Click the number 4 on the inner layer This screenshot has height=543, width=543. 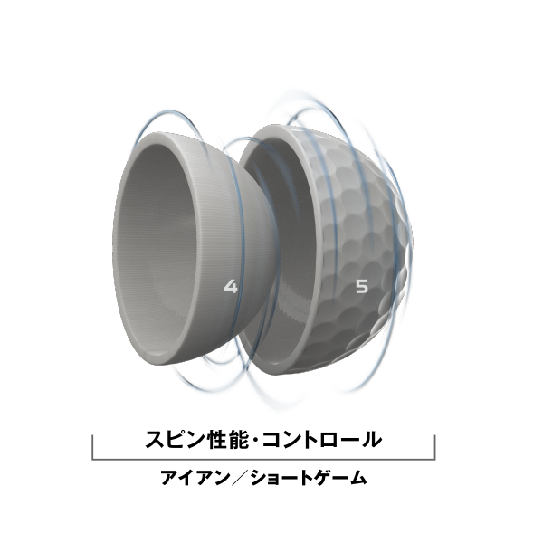click(x=231, y=287)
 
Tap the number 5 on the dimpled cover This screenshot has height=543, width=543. click(x=362, y=287)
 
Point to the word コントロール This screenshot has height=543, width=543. click(x=322, y=440)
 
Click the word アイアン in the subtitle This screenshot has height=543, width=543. click(x=195, y=478)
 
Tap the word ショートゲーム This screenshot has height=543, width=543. click(x=308, y=478)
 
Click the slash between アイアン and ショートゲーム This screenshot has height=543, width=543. click(x=240, y=478)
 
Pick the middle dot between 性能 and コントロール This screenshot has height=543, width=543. click(x=255, y=440)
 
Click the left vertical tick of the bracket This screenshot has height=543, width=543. click(x=92, y=447)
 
